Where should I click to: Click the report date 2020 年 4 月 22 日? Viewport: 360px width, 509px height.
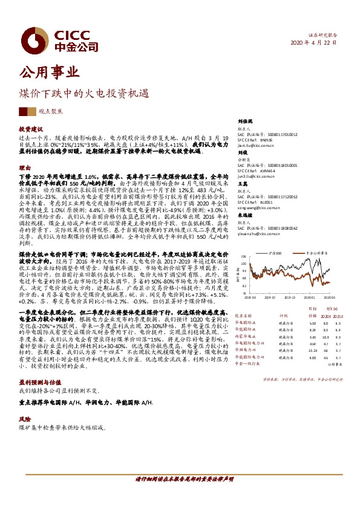[314, 43]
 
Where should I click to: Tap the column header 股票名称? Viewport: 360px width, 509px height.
[243, 315]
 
